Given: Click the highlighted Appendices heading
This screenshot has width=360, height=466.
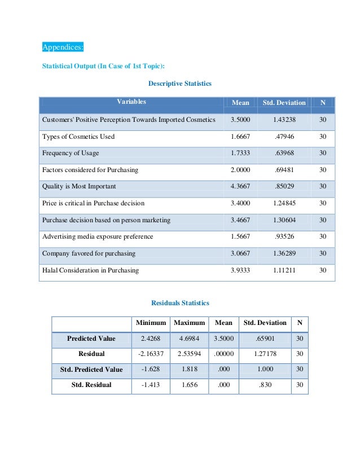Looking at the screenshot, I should (x=63, y=47).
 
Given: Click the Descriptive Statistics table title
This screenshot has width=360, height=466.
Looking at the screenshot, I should (x=179, y=83).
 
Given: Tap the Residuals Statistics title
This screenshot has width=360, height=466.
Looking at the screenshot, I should (x=180, y=303).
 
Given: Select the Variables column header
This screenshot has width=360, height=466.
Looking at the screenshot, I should (x=131, y=102).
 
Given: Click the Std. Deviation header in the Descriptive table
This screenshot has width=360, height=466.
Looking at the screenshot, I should (x=284, y=103).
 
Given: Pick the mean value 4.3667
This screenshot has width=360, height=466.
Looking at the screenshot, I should (x=240, y=186).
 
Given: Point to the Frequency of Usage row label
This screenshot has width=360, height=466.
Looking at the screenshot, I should (x=70, y=153).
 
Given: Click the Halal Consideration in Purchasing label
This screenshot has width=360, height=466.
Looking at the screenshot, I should (x=90, y=270).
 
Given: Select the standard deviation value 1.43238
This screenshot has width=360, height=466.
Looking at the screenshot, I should (x=284, y=120).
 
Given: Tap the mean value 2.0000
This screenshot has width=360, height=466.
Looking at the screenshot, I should (x=240, y=170).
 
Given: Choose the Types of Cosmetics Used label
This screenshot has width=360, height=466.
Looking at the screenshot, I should (x=78, y=137).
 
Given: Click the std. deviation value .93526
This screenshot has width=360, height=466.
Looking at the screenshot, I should (x=284, y=236).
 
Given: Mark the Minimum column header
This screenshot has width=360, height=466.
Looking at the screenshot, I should (x=151, y=323).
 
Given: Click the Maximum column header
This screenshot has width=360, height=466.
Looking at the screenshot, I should (x=189, y=323).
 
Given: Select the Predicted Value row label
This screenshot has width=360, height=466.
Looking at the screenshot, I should (x=91, y=338).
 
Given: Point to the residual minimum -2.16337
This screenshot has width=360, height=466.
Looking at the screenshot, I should (x=151, y=354).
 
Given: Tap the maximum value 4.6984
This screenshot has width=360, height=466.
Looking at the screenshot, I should (x=189, y=338).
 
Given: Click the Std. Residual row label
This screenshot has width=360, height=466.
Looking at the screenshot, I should (x=91, y=385).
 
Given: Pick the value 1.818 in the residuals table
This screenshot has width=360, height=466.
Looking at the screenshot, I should (x=189, y=370).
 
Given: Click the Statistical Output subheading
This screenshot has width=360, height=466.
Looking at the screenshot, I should (x=104, y=67).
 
